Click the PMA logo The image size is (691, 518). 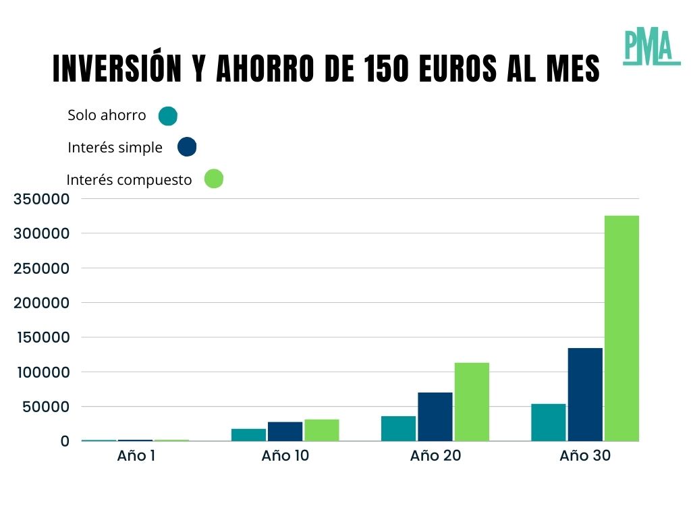(651, 47)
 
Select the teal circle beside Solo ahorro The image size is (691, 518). (167, 116)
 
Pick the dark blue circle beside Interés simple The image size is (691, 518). (187, 147)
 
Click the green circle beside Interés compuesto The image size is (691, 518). (213, 179)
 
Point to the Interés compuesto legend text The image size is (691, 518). (130, 180)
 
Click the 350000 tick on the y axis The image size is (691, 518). (41, 199)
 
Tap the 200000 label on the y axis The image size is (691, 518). (41, 303)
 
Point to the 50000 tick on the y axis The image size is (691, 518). (45, 407)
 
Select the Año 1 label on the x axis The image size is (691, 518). (136, 456)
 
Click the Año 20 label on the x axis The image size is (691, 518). (435, 456)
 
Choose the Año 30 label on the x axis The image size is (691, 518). (585, 456)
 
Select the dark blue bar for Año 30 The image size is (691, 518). (585, 395)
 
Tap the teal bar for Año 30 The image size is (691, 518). (549, 422)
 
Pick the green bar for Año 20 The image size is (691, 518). (472, 402)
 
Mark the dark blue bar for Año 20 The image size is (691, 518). (435, 417)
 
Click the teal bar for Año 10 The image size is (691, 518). (249, 435)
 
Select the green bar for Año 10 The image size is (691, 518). (322, 430)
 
